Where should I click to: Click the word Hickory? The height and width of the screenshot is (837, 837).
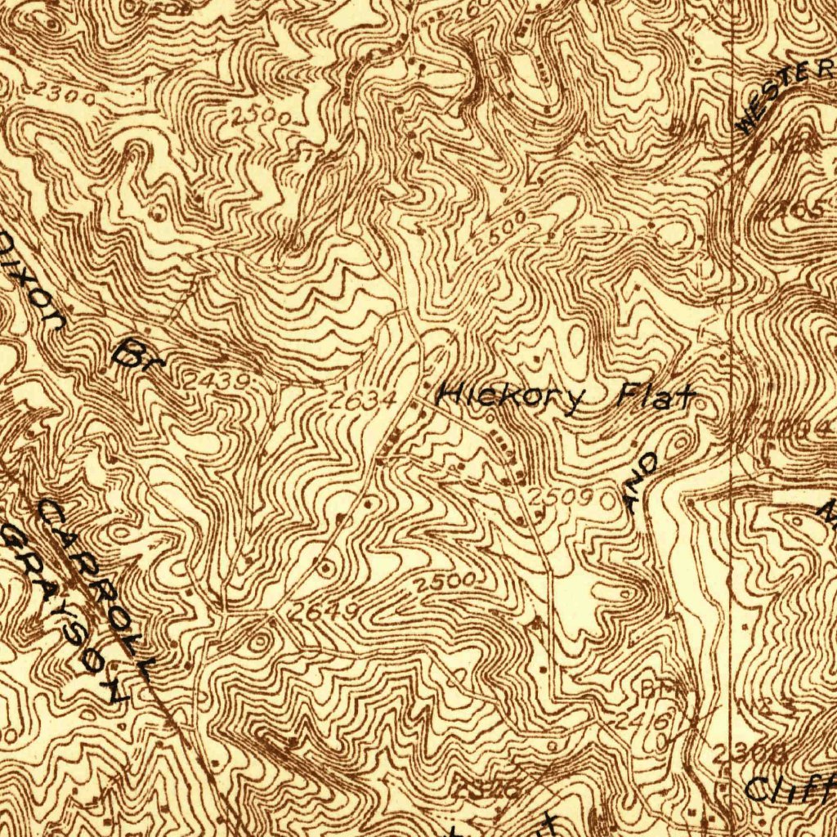[x=512, y=398]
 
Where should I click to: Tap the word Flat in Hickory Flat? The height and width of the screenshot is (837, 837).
[x=655, y=398]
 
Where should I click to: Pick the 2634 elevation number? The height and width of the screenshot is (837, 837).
[x=363, y=400]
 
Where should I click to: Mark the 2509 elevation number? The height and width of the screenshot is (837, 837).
[x=559, y=497]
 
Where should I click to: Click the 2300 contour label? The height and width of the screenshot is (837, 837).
[x=63, y=96]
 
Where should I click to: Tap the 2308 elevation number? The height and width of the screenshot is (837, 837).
[x=737, y=753]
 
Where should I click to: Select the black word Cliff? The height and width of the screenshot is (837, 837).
[x=790, y=788]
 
